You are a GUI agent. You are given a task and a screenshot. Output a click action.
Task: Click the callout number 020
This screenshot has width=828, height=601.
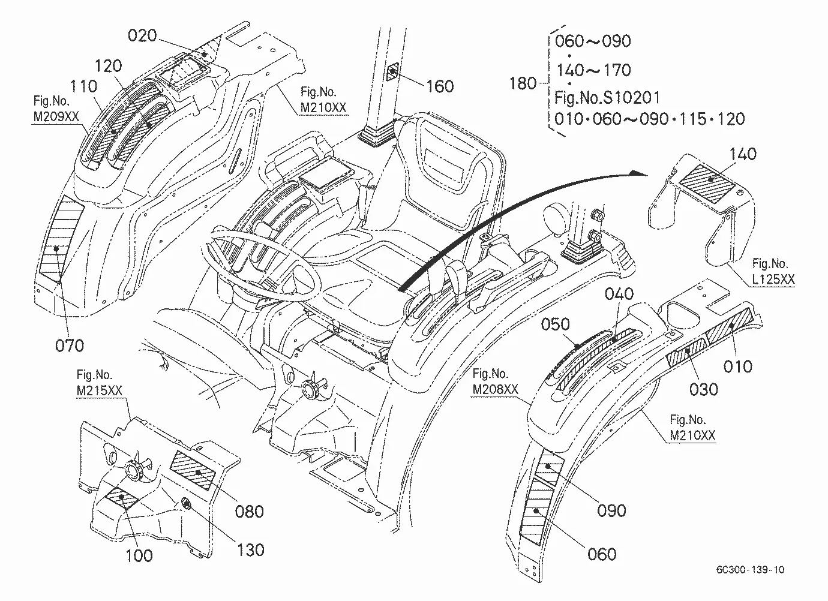tap(142, 35)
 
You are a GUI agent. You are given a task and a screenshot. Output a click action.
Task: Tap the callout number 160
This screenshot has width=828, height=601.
tap(440, 86)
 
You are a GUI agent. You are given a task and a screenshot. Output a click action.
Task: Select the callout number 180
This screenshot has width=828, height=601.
tap(523, 83)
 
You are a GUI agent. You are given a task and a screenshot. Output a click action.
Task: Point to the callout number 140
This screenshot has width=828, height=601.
tap(743, 154)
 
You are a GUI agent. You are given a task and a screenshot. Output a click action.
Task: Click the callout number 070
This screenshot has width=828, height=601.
tap(70, 345)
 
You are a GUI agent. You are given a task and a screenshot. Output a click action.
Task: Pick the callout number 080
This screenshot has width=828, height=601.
tap(250, 512)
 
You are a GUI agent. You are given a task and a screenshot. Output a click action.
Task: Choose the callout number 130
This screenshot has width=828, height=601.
tap(251, 550)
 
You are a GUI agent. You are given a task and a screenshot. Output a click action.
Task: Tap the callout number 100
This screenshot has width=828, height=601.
tap(139, 555)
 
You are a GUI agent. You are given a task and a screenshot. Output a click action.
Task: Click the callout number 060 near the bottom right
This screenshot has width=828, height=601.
tap(602, 554)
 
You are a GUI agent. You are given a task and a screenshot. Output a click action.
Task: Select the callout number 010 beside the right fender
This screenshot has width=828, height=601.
tap(738, 366)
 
